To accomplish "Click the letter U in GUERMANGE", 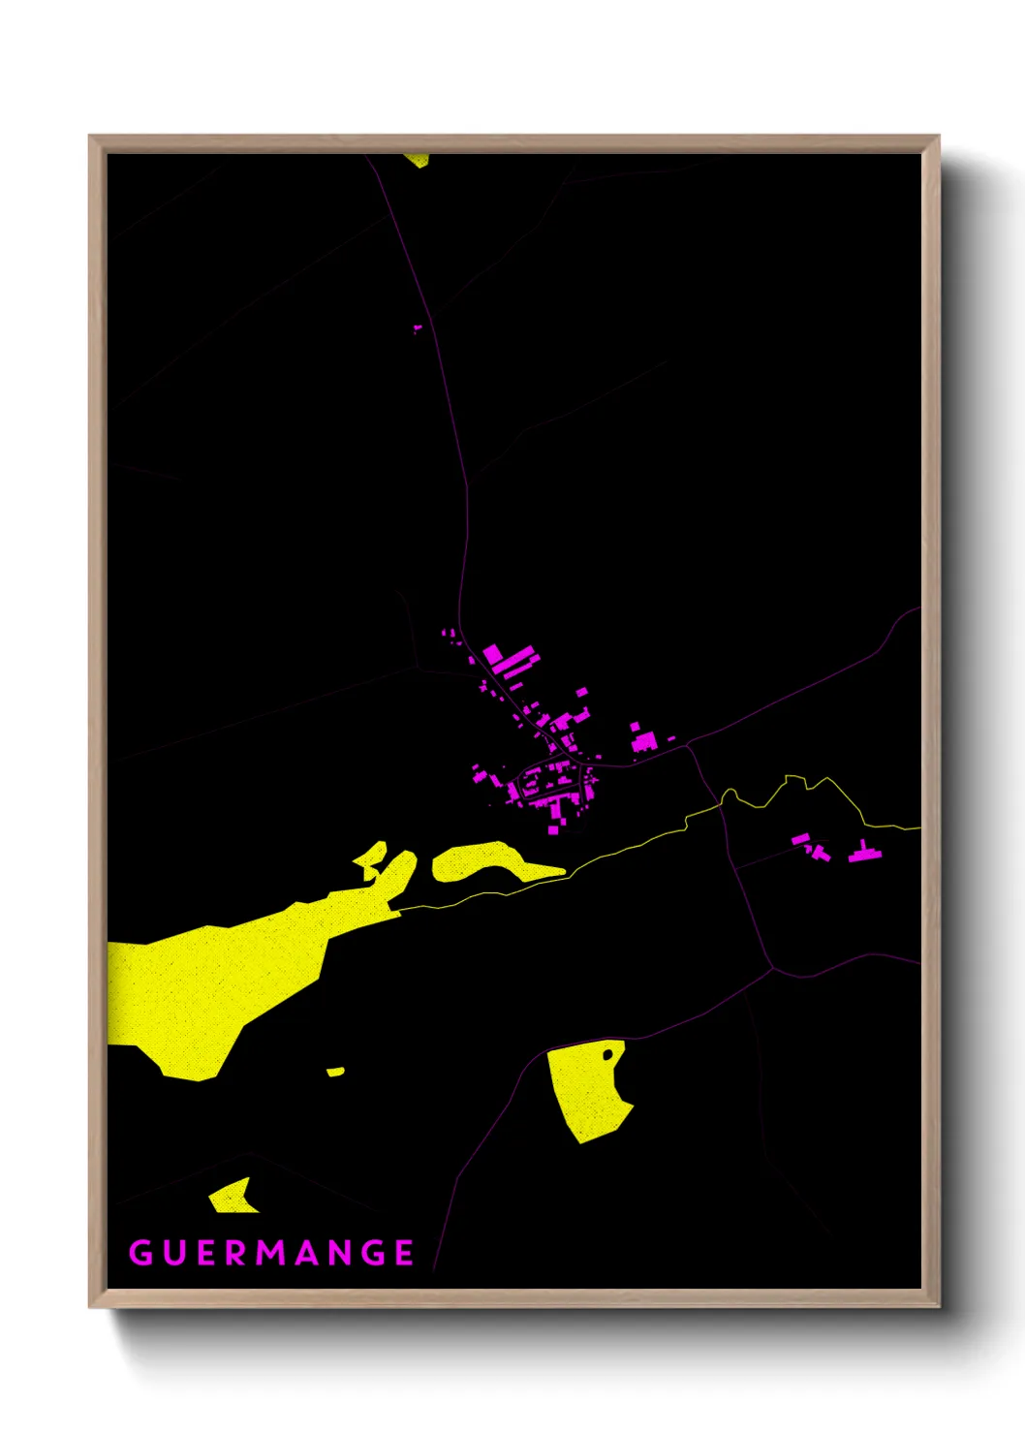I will pos(173,1253).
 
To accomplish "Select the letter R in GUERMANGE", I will pos(235,1253).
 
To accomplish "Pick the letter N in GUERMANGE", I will pos(339,1253).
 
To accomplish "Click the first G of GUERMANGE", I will pos(140,1253).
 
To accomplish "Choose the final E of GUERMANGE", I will pos(405,1253).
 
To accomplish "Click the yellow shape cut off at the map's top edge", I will pos(418,159).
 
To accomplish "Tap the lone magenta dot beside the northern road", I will pos(418,328).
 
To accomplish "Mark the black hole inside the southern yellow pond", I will pos(607,1053).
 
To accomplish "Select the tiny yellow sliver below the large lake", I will pos(335,1072).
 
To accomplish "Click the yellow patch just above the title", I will pos(233,1198).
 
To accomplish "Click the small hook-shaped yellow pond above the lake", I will pos(371,858).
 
